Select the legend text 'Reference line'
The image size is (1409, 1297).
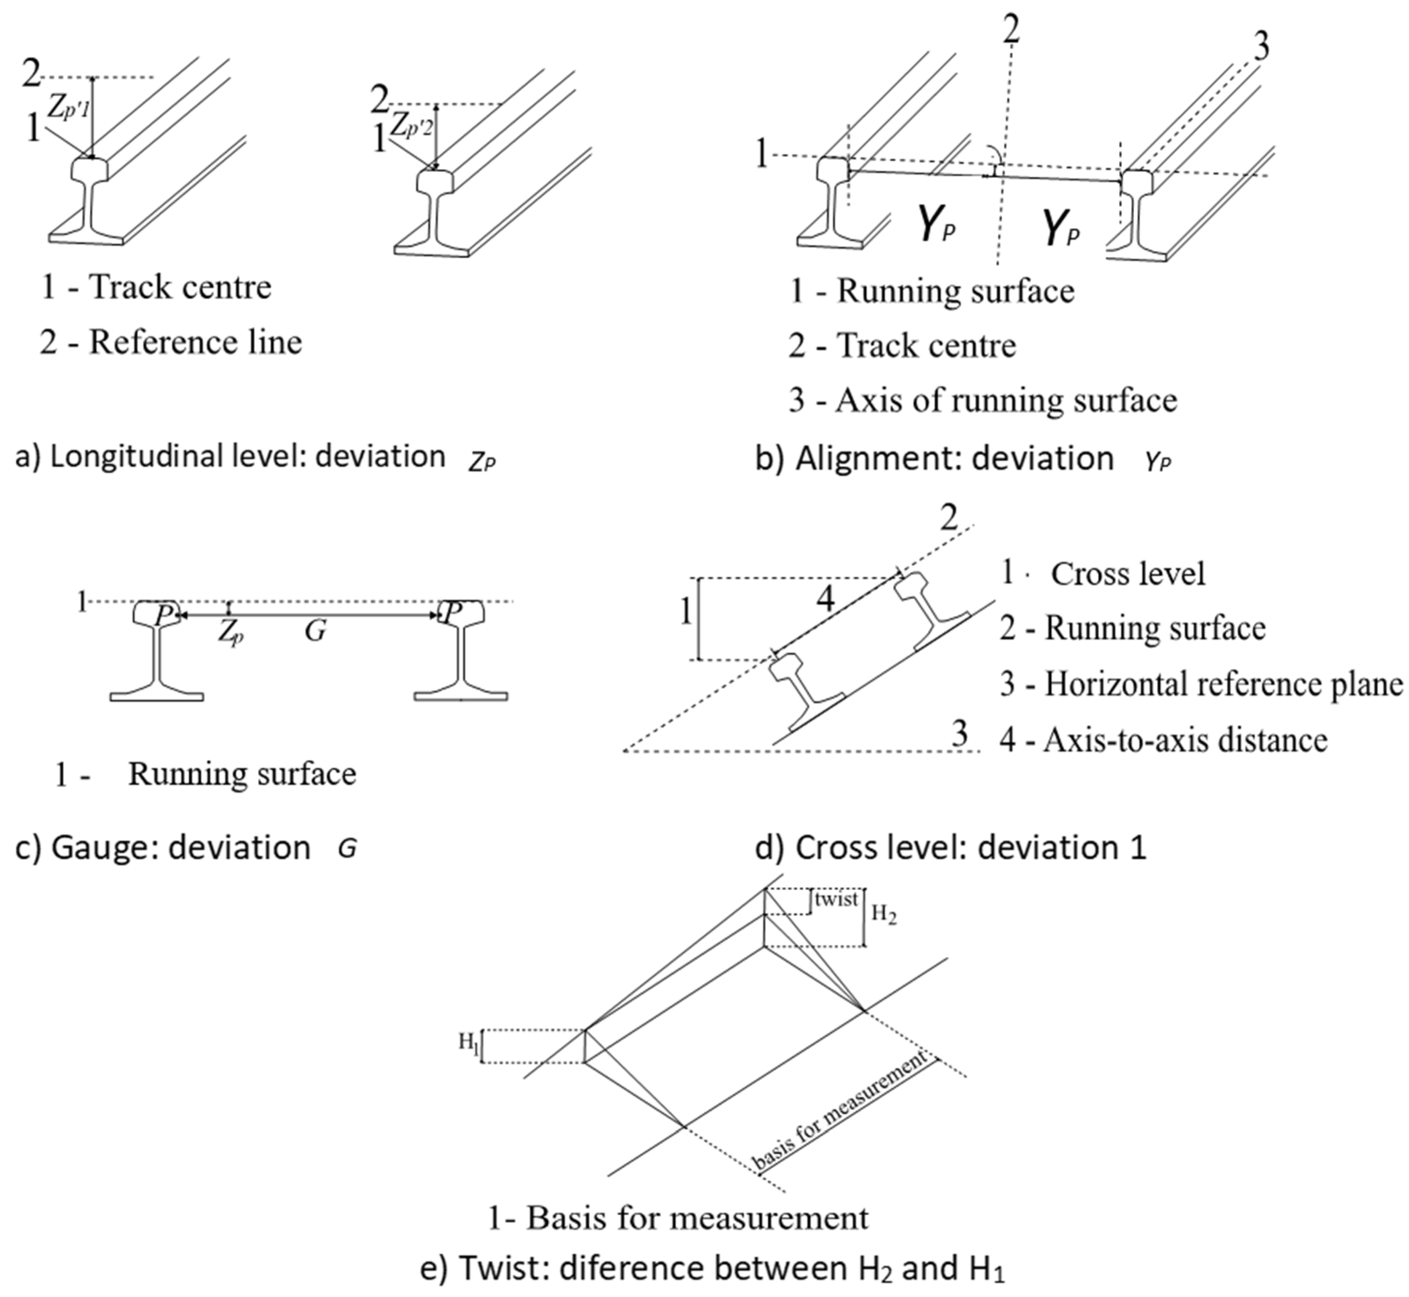click(195, 343)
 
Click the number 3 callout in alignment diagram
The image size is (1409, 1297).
click(1261, 49)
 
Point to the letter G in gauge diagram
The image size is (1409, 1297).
click(315, 631)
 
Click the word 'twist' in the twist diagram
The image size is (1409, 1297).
click(837, 899)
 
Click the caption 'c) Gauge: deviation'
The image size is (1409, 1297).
click(163, 848)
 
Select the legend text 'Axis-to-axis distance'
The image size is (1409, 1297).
click(1186, 740)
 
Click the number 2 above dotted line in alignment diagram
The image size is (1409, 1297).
click(1011, 30)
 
